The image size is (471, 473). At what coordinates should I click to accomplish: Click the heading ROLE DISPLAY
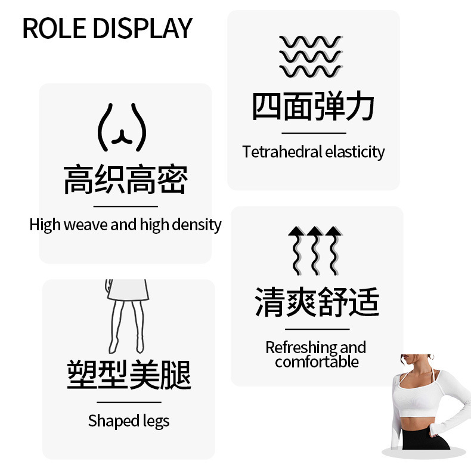(x=107, y=28)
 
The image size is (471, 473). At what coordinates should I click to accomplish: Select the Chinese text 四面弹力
(x=314, y=107)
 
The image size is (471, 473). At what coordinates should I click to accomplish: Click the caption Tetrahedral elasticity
(x=314, y=152)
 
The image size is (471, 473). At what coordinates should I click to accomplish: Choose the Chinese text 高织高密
(x=125, y=180)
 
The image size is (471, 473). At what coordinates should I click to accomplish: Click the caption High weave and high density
(x=125, y=225)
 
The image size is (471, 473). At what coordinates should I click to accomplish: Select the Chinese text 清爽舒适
(x=317, y=302)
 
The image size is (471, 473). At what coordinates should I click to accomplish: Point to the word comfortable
(x=317, y=361)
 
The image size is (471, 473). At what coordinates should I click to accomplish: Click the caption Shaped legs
(x=129, y=421)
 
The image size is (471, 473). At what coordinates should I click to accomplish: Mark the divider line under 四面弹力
(x=314, y=133)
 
